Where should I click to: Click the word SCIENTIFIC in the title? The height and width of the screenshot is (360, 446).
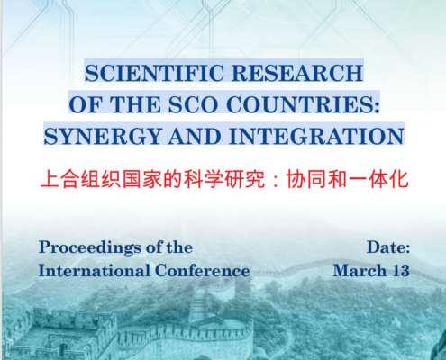[x=154, y=73]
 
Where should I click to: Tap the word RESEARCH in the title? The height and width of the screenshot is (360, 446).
[x=297, y=73]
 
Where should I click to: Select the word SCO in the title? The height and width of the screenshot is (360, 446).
[x=193, y=105]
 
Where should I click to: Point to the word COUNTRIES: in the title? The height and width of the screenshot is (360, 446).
[x=303, y=105]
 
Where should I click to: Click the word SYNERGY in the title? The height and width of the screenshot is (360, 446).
[x=103, y=137]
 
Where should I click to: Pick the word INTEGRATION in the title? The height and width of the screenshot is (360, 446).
[x=316, y=137]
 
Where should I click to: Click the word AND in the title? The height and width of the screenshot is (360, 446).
[x=196, y=137]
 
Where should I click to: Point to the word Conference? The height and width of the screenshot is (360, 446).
[x=203, y=271]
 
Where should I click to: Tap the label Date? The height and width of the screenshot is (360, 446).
[x=388, y=247]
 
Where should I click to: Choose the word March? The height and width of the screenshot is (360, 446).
[x=360, y=271]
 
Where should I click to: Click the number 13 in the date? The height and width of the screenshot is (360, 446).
[x=401, y=271]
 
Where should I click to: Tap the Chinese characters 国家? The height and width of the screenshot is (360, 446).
[x=142, y=179]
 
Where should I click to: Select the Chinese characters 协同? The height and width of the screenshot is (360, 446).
[x=306, y=179]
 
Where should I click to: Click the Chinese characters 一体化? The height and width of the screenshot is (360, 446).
[x=378, y=179]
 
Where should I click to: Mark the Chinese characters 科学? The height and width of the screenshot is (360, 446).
[x=204, y=179]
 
